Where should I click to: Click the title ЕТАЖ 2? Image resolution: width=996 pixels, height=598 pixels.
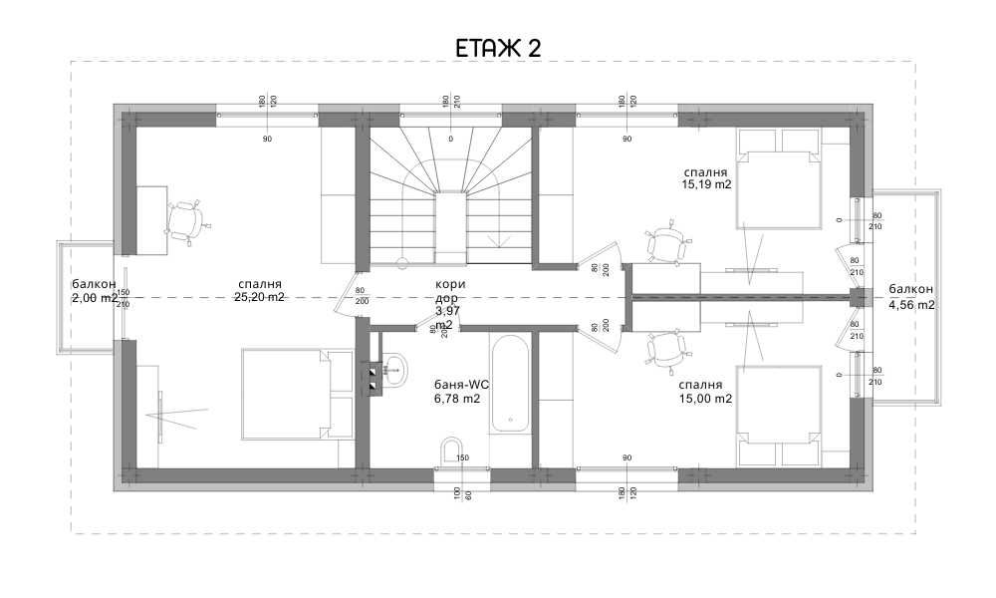click(498, 48)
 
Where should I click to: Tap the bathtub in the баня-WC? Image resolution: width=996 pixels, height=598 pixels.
click(510, 383)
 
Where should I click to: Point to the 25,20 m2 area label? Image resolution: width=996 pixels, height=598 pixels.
click(259, 297)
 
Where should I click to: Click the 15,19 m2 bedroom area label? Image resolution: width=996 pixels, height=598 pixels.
click(707, 183)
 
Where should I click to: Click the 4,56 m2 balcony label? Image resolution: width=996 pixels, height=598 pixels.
click(911, 304)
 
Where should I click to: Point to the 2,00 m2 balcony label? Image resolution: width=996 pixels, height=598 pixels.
click(95, 297)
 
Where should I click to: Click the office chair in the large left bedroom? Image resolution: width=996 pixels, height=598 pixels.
click(186, 221)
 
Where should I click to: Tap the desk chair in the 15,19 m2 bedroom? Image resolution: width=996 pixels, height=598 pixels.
click(665, 243)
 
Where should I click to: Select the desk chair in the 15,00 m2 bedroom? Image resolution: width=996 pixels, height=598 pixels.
click(665, 350)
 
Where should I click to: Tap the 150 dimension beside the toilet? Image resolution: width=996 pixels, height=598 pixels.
click(462, 458)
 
